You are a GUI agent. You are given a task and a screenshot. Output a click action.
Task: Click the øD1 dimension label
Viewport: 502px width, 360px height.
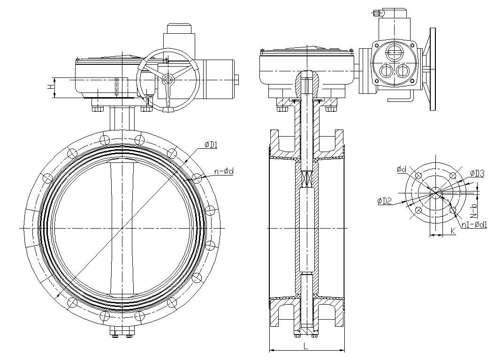[x=211, y=145]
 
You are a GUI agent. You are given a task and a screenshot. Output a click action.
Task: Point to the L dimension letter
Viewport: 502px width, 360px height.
[x=306, y=346]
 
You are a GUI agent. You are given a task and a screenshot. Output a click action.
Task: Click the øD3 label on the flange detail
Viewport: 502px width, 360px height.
[x=477, y=173]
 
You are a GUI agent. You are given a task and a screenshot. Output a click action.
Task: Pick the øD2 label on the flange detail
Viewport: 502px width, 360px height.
[x=384, y=201]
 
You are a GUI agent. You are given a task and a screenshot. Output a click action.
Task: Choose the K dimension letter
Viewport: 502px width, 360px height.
[x=453, y=231]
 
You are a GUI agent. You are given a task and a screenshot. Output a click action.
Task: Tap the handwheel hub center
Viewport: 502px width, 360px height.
[x=167, y=80]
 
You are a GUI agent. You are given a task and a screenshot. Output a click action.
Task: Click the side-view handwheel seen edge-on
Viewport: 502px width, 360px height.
[x=432, y=69]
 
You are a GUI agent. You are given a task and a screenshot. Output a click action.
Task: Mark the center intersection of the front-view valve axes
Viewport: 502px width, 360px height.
[x=122, y=228]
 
